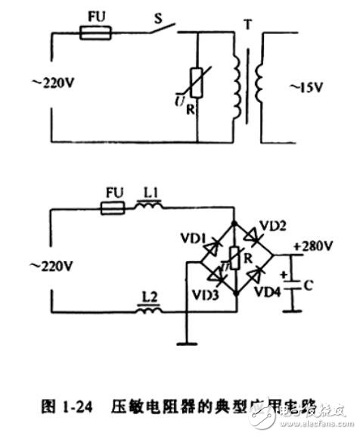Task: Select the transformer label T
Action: (247, 27)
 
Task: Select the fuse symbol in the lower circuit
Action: (117, 204)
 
